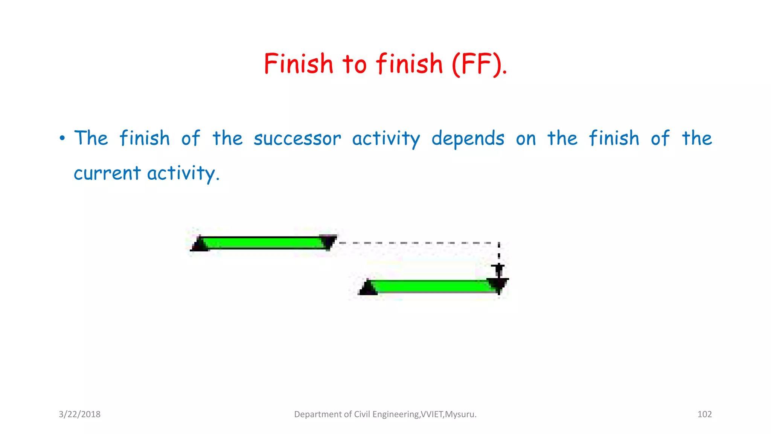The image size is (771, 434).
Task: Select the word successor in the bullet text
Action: [x=297, y=139]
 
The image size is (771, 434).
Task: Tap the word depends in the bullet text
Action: [x=468, y=139]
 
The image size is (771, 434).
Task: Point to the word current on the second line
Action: [x=107, y=173]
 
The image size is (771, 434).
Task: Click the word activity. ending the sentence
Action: [x=183, y=173]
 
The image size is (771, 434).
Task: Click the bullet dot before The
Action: [x=62, y=138]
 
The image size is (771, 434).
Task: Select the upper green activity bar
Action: [x=264, y=243]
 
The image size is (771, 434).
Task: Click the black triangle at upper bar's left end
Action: [x=200, y=244]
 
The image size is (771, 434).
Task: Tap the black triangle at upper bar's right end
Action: [x=328, y=241]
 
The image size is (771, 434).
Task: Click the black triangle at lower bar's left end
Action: [x=368, y=288]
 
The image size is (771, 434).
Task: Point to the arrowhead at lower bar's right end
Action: [x=498, y=284]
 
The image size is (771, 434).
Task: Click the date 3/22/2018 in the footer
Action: [x=79, y=414]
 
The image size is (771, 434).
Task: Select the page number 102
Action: [x=704, y=414]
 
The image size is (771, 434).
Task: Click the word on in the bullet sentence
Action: [x=526, y=139]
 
